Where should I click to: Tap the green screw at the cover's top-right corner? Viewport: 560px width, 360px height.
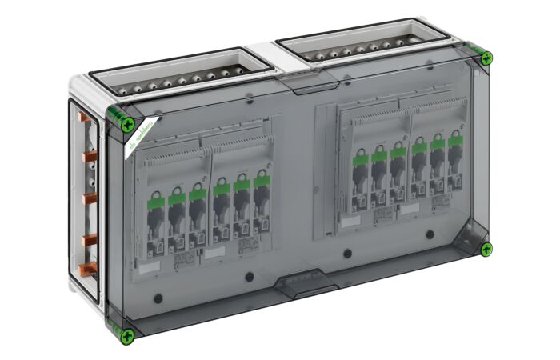click(486, 58)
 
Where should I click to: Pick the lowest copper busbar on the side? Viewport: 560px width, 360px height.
click(87, 267)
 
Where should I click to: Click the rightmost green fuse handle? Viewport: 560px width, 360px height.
click(454, 141)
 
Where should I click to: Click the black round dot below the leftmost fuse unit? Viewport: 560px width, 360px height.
click(158, 298)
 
